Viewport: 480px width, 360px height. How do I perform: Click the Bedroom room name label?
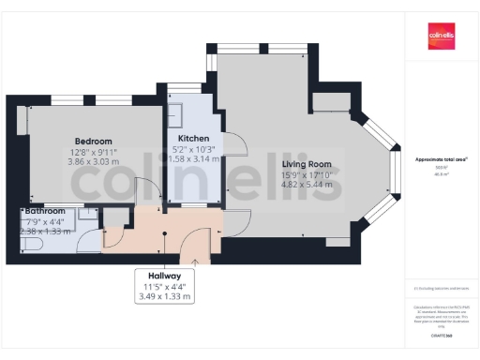[x=93, y=141]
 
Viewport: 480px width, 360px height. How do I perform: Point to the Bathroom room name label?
[x=45, y=212]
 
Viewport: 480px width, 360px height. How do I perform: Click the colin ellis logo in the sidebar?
[x=442, y=38]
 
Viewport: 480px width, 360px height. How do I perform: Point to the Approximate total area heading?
[x=441, y=159]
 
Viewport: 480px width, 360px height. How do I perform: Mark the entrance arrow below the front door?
[x=194, y=263]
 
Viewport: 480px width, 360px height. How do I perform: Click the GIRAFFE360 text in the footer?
[x=441, y=336]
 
